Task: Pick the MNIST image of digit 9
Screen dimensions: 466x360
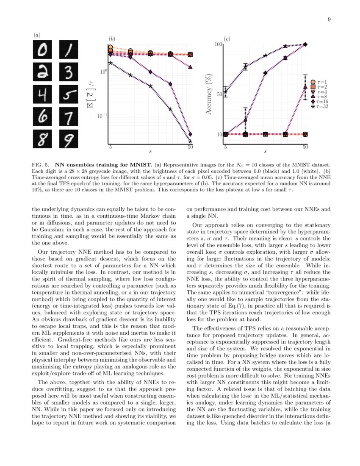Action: [x=69, y=139]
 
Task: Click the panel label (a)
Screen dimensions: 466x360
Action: [x=37, y=35]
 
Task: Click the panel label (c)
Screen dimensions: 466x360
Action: [x=227, y=39]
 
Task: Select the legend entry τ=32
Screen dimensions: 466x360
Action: [x=320, y=107]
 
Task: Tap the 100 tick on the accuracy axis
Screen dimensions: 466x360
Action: [x=218, y=44]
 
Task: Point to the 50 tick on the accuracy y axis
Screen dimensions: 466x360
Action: [x=219, y=94]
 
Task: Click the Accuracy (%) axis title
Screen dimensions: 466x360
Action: [x=209, y=95]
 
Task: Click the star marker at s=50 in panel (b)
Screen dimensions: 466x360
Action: [x=190, y=141]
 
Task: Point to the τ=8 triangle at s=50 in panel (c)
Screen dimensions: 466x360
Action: [x=305, y=87]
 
